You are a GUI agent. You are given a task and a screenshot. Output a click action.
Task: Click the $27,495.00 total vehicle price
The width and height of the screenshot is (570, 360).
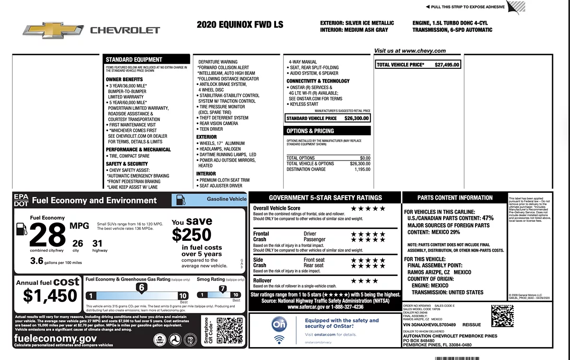(447, 65)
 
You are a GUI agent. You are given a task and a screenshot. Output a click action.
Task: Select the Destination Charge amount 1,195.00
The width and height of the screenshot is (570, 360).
(362, 170)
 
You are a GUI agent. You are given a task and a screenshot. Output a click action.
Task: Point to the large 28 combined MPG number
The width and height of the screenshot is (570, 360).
(47, 235)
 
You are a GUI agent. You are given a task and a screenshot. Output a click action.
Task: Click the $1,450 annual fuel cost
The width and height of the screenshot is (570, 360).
(50, 295)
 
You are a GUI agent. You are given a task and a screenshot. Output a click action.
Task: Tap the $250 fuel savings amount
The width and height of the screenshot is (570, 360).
(191, 235)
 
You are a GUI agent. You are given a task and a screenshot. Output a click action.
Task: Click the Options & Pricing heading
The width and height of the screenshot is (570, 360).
(310, 131)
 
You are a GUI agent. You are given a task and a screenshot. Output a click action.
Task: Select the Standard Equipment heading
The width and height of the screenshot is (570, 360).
(134, 60)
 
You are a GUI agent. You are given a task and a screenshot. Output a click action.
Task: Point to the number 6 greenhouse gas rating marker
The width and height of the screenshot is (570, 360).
(141, 287)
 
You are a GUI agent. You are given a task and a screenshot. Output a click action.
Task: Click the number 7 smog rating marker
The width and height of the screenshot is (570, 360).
(222, 288)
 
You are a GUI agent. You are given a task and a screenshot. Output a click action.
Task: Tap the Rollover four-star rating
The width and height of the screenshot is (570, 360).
(364, 281)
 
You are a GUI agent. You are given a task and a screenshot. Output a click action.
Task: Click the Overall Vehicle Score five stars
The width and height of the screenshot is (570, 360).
(368, 208)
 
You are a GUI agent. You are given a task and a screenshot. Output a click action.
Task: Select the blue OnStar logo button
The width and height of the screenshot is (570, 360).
(279, 325)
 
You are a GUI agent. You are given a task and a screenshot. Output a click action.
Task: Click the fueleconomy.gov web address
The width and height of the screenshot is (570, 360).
(56, 338)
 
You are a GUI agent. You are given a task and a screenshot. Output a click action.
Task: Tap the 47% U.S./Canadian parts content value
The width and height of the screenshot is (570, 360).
(488, 218)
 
